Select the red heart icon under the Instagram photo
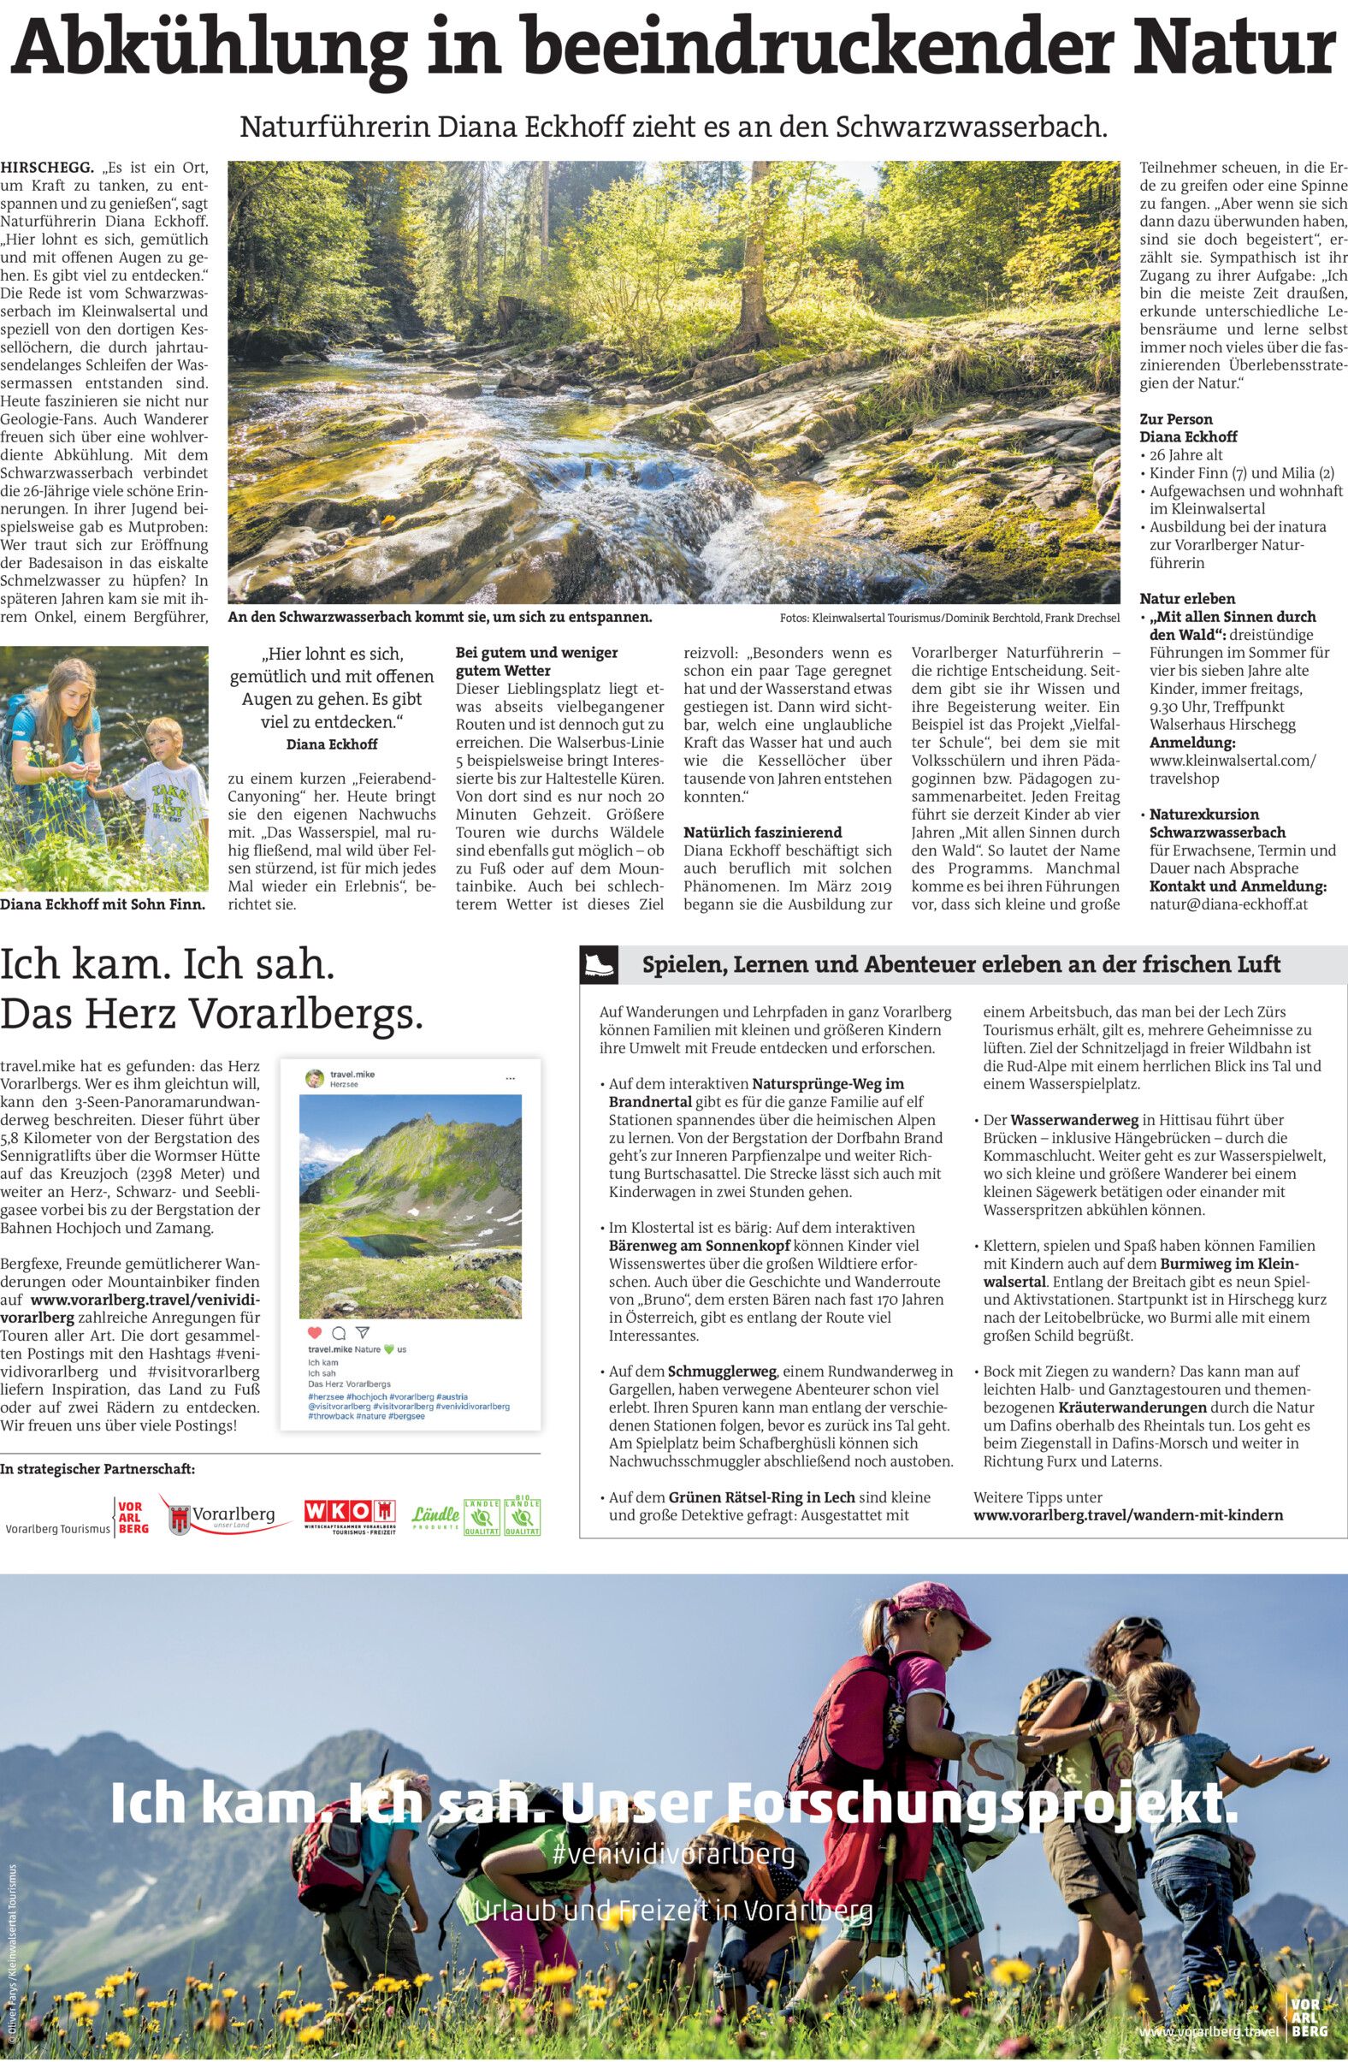(x=315, y=1332)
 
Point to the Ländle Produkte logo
(x=435, y=1515)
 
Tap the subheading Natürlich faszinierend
(x=761, y=832)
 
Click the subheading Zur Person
(x=1175, y=418)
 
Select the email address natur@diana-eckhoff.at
(x=1229, y=904)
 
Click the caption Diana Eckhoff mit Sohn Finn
(x=103, y=904)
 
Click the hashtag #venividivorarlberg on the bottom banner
(x=672, y=1855)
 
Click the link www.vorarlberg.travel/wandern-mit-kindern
(x=1128, y=1514)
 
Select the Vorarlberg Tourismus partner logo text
(x=58, y=1529)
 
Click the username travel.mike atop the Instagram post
(x=352, y=1075)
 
